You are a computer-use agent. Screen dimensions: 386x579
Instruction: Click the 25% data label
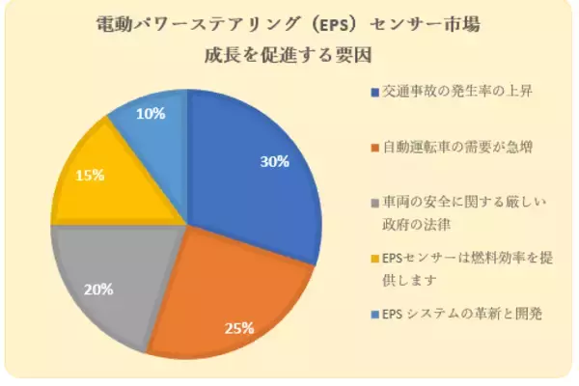238,327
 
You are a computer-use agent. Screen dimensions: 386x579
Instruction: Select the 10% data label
151,113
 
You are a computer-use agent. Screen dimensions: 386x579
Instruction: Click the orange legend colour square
374,148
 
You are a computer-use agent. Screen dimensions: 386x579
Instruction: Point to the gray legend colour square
374,203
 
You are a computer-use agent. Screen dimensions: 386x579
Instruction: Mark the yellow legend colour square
374,259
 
